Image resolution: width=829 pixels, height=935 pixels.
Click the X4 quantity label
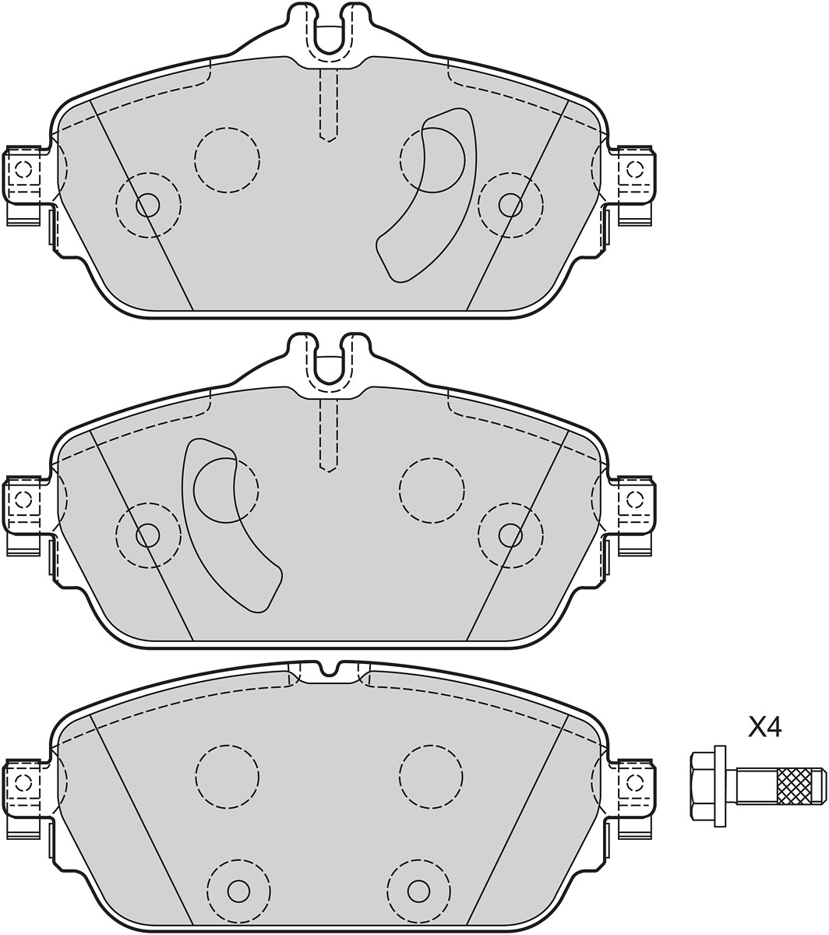click(x=764, y=729)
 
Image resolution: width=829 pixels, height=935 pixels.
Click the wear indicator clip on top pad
click(x=427, y=194)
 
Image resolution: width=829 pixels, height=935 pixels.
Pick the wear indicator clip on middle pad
click(x=230, y=525)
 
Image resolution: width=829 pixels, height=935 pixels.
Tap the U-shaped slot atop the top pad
click(x=328, y=34)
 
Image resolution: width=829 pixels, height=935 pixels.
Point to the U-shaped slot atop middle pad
click(x=328, y=365)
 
